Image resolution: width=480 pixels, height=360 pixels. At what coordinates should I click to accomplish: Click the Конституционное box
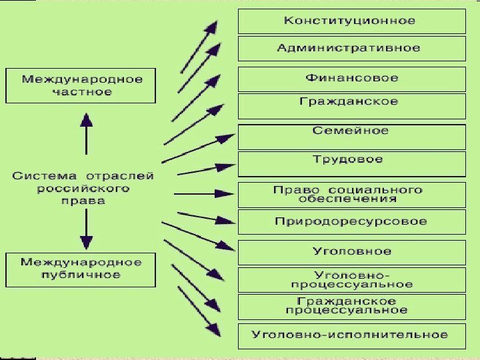[351, 21]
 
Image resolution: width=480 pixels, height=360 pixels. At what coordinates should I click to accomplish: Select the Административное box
[351, 48]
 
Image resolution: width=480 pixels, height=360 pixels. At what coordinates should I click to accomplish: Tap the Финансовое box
[351, 78]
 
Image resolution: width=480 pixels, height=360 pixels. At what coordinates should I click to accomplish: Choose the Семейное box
[351, 135]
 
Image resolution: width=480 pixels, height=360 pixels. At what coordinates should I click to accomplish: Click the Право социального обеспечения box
[351, 194]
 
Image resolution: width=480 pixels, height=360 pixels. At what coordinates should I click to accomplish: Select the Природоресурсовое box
[351, 221]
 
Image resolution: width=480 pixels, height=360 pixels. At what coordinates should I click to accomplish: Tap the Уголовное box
[351, 252]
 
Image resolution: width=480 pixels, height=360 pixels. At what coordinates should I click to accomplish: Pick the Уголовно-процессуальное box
[351, 279]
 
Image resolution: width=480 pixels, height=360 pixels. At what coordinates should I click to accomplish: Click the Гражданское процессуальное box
[351, 306]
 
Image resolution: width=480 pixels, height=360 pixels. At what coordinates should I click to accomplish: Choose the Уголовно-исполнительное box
[351, 334]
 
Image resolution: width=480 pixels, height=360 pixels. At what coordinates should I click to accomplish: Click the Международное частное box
[81, 85]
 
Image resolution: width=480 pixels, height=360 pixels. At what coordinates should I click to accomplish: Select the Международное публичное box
[81, 268]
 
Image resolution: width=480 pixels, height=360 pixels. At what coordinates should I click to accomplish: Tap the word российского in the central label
[83, 189]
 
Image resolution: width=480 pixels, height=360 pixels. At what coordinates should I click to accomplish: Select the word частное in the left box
[82, 92]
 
